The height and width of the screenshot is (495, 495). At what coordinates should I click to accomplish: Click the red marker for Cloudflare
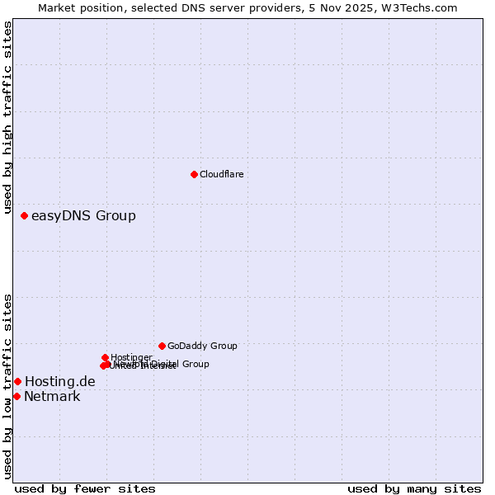pos(194,174)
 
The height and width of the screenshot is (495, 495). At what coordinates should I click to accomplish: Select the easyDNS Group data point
pos(24,215)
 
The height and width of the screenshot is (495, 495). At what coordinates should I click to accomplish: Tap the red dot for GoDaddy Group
pos(162,346)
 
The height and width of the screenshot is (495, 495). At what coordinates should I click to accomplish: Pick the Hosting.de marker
pos(17,381)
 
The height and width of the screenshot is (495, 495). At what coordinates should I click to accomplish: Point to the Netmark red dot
pos(16,396)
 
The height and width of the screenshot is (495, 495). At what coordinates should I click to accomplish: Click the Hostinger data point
pos(105,357)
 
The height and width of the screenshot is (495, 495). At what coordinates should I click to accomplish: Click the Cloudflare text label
pos(221,174)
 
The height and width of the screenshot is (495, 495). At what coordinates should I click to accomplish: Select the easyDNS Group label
pos(83,216)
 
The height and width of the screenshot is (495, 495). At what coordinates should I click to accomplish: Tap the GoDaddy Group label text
pos(202,346)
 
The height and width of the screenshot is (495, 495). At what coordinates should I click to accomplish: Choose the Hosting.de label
pos(60,381)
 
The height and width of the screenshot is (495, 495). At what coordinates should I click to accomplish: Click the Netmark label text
pos(52,397)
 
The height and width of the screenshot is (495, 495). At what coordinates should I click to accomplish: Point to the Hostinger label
pos(131,357)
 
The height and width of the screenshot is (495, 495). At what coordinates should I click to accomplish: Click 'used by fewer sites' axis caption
pos(85,488)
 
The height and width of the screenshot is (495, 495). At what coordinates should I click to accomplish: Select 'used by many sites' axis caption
pos(414,488)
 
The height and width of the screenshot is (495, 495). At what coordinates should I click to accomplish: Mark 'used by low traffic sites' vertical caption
pos(8,386)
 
